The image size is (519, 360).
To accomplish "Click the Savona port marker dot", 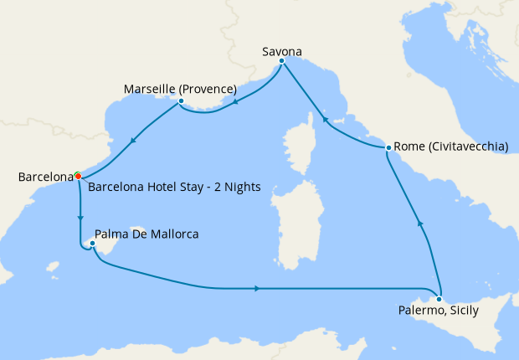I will (x=281, y=61).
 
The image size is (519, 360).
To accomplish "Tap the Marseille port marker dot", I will (x=181, y=102).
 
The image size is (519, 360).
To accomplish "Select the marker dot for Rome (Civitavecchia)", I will (x=388, y=148).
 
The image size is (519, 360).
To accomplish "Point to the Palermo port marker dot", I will (x=439, y=299).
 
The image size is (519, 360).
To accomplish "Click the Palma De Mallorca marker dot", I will (x=92, y=244).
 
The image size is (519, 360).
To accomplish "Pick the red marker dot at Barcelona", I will (x=78, y=177).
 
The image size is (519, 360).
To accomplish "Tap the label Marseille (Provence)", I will (x=180, y=89).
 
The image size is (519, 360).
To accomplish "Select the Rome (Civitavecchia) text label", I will (x=450, y=147).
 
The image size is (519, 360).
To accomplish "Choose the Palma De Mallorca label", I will (x=146, y=234).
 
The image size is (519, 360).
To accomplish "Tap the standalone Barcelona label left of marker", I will (x=45, y=177).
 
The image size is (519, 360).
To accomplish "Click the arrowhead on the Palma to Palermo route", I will (x=255, y=289).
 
